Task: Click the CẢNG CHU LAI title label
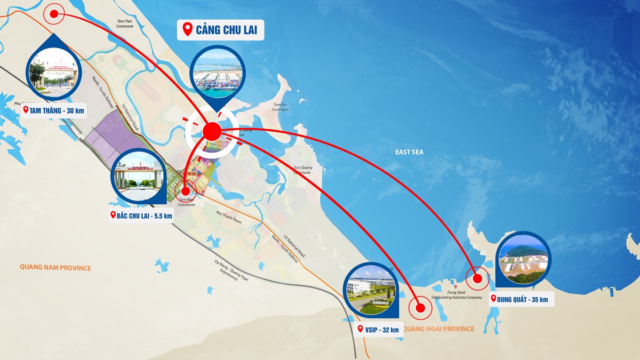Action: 220,30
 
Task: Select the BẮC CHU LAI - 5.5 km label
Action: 141,215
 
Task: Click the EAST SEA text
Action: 410,153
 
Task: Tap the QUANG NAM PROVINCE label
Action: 55,268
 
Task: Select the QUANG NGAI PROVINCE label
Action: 438,329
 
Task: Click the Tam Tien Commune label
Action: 125,23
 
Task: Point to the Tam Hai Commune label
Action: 281,107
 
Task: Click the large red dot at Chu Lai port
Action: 212,130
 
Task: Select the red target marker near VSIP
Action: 420,308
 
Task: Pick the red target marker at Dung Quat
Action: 477,278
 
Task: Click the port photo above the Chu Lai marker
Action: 218,75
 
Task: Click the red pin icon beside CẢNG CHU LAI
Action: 187,29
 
